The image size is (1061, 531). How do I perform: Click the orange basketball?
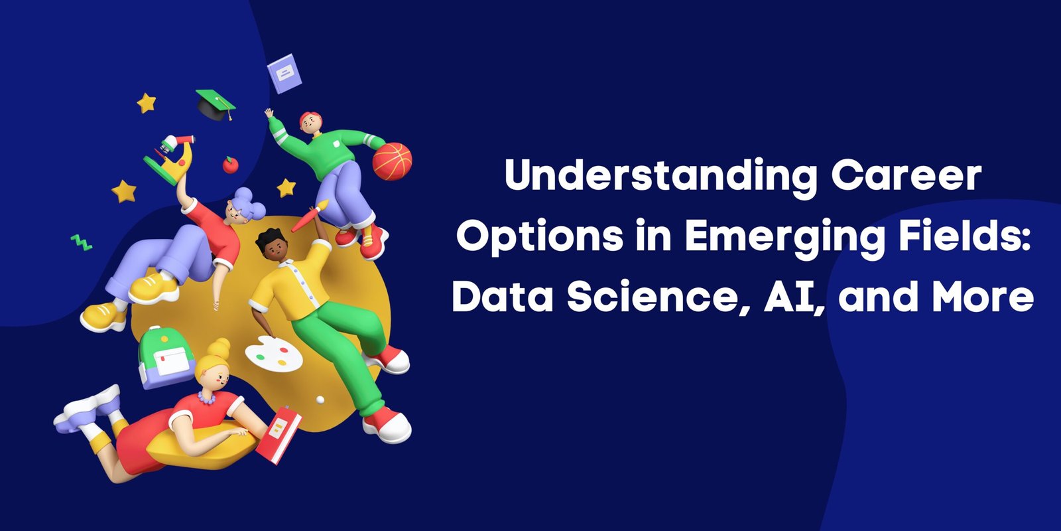click(392, 162)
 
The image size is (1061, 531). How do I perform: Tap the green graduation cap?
click(216, 104)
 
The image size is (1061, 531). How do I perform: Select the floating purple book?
click(284, 74)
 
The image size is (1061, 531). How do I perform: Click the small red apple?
click(231, 165)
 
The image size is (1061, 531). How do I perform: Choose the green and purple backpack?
click(166, 358)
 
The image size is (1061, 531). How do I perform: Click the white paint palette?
click(274, 354)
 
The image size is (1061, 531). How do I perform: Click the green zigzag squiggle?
click(81, 242)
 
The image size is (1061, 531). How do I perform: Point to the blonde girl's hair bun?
click(219, 348)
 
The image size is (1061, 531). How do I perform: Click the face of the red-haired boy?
click(310, 124)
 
